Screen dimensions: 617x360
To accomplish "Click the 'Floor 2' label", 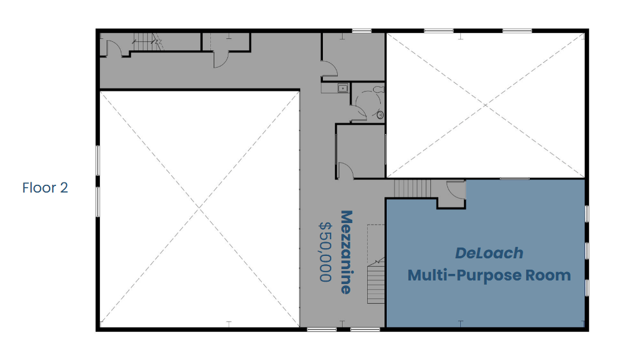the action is [x=45, y=188].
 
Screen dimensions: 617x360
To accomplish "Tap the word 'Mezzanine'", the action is [x=346, y=252].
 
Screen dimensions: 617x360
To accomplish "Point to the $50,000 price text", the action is [x=325, y=252].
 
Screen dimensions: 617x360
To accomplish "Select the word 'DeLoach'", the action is [x=489, y=253].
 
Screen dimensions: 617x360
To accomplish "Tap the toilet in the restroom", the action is [x=379, y=89].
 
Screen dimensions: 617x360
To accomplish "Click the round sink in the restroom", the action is [x=380, y=115].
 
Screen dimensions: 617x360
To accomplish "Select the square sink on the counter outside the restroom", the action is [x=343, y=88].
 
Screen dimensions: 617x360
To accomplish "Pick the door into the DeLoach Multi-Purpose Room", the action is [x=456, y=190].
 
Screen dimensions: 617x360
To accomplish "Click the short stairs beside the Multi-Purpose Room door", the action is [x=413, y=188].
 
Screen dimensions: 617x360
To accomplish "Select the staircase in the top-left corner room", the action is [x=147, y=42].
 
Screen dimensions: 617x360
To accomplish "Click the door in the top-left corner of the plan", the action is [x=115, y=48].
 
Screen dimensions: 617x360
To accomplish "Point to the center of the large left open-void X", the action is [x=200, y=209].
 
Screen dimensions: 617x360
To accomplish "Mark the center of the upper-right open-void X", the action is [x=485, y=105].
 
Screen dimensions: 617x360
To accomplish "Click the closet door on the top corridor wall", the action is [x=221, y=59].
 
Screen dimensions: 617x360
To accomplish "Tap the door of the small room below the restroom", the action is [x=346, y=170].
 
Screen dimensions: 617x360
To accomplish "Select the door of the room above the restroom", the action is [x=330, y=69].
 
